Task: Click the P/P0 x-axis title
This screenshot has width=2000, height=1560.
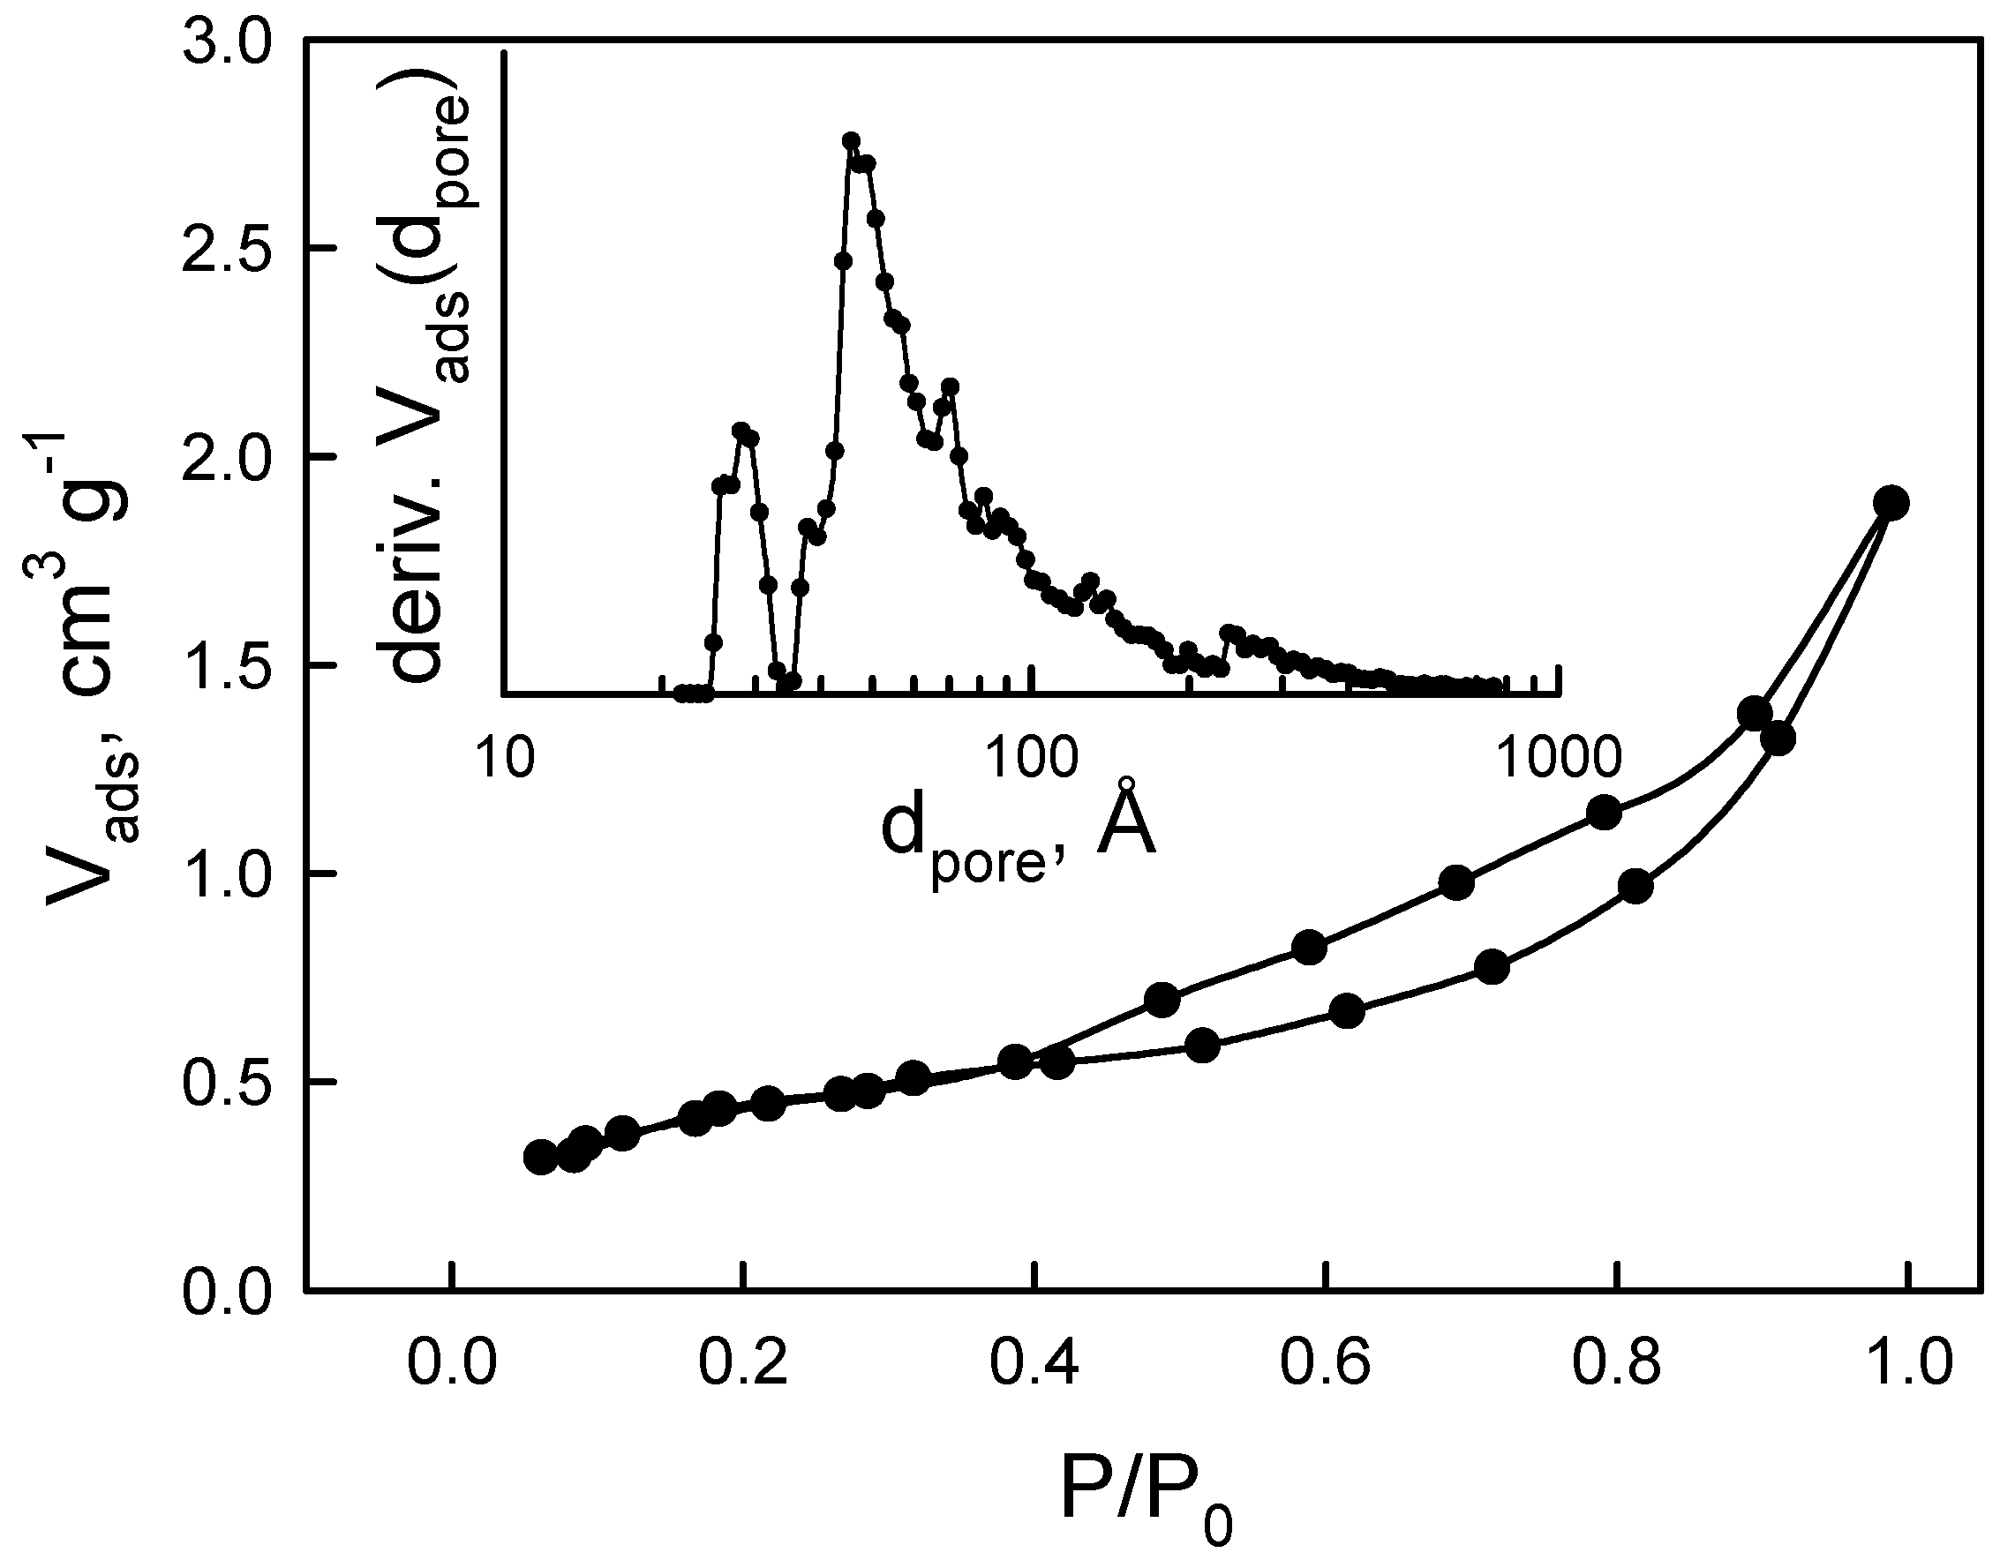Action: pos(1146,1488)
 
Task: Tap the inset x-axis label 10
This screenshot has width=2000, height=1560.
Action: pos(506,758)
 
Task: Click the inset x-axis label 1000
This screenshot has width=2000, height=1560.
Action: pos(1560,758)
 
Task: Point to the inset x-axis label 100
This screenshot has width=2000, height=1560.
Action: pos(1033,758)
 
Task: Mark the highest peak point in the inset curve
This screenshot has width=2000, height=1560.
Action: pos(851,141)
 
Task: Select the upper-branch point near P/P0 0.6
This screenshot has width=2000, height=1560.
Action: pos(1310,949)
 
